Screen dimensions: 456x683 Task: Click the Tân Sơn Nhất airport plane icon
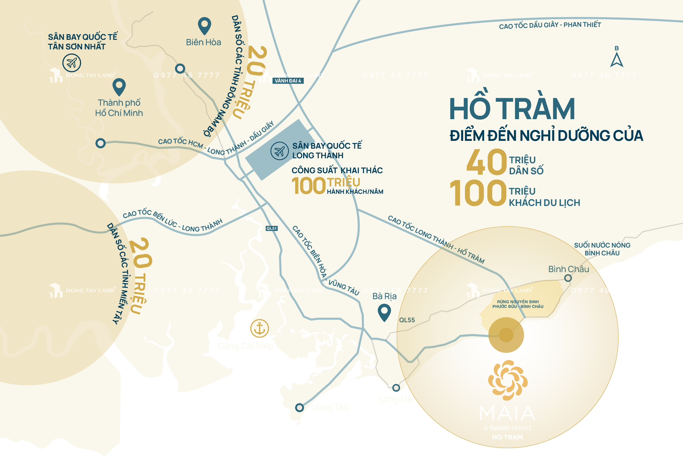pyautogui.click(x=72, y=63)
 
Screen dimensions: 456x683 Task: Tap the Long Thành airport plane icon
pyautogui.click(x=279, y=151)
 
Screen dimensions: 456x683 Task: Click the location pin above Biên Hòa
pyautogui.click(x=204, y=26)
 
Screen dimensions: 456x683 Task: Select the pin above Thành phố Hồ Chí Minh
pyautogui.click(x=119, y=87)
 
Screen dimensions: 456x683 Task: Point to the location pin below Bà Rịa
pyautogui.click(x=384, y=312)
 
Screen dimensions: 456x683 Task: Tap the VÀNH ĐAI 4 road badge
pyautogui.click(x=288, y=81)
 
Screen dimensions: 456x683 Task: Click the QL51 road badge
pyautogui.click(x=271, y=228)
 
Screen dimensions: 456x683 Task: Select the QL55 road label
pyautogui.click(x=407, y=320)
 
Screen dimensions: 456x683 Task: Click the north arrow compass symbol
pyautogui.click(x=616, y=59)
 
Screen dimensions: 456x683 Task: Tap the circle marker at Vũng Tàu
pyautogui.click(x=300, y=407)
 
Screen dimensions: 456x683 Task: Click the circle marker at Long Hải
pyautogui.click(x=396, y=387)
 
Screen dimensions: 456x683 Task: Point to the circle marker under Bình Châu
pyautogui.click(x=568, y=278)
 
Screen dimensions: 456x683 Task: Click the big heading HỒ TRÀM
pyautogui.click(x=512, y=109)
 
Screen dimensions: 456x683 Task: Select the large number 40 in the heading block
pyautogui.click(x=486, y=162)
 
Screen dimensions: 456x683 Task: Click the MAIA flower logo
pyautogui.click(x=508, y=380)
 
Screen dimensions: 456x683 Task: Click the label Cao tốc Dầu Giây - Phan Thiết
pyautogui.click(x=550, y=25)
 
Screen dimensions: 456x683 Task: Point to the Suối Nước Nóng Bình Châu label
pyautogui.click(x=602, y=249)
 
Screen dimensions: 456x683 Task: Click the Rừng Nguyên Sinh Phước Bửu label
pyautogui.click(x=518, y=304)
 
